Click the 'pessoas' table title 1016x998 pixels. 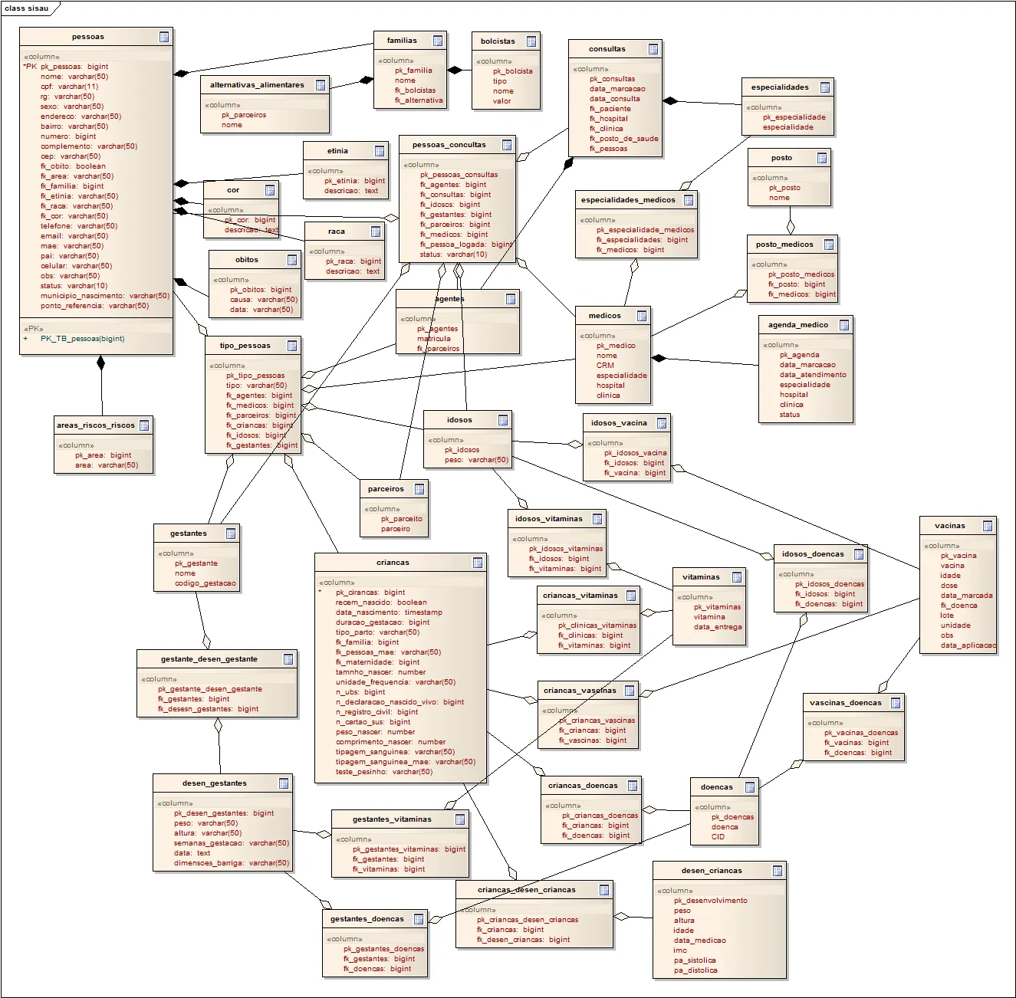click(88, 37)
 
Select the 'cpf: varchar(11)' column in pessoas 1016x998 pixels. click(69, 87)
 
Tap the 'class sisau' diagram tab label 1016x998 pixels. click(27, 8)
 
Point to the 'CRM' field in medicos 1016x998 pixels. click(605, 366)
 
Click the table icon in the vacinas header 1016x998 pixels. click(988, 526)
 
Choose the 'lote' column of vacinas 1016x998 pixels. click(947, 616)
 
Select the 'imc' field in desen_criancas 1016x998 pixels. click(680, 950)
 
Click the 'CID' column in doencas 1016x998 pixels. click(718, 837)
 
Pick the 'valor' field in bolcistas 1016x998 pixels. click(501, 101)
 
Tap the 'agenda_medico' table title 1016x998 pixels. click(798, 325)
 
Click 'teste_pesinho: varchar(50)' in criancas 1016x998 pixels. click(383, 772)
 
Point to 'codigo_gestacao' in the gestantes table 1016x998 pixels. click(206, 583)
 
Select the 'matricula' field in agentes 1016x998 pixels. click(434, 339)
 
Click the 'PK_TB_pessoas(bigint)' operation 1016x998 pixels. click(82, 339)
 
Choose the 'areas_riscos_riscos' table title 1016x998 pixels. click(96, 425)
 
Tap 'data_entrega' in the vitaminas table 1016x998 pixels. click(718, 627)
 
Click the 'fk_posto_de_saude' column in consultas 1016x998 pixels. click(623, 139)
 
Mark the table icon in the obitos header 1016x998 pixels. click(292, 260)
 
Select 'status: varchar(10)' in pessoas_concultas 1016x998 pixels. click(453, 254)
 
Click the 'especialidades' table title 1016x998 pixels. click(780, 87)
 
